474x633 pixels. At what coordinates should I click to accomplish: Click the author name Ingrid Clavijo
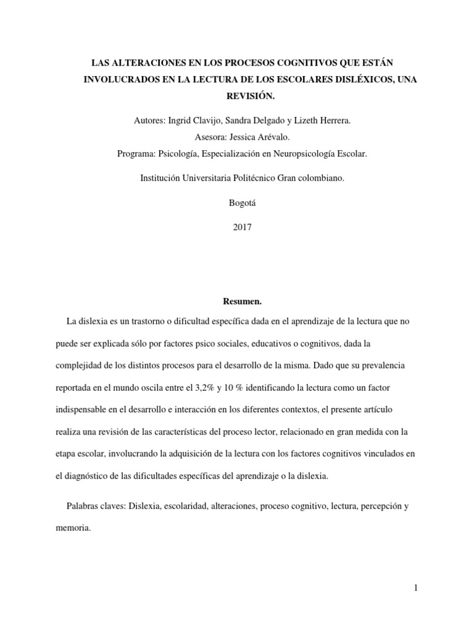(x=199, y=121)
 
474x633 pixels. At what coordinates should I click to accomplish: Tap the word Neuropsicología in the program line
(x=286, y=154)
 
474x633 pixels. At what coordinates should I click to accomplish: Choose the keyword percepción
(x=376, y=506)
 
